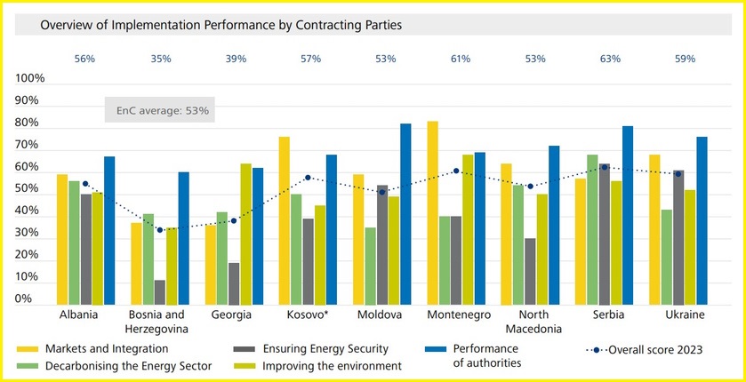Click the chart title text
pos(221,26)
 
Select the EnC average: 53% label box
pos(160,110)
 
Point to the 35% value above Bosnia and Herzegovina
pos(160,59)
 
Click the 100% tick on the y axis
pos(30,79)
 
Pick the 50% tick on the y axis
pos(33,189)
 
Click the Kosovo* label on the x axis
pos(308,315)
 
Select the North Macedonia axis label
pos(532,322)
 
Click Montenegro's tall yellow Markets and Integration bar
pos(432,213)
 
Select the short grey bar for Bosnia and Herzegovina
pos(160,292)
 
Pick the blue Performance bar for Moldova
pos(405,214)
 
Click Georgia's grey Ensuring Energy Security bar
pos(233,283)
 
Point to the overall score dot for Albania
pos(85,184)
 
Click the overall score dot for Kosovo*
pos(308,178)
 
